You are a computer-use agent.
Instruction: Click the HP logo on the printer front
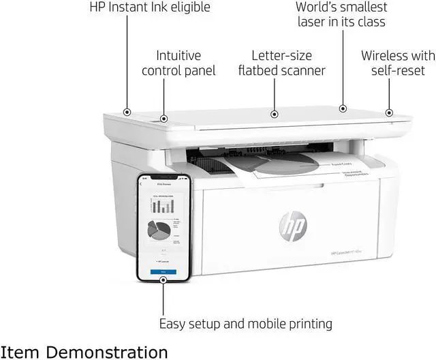coord(293,224)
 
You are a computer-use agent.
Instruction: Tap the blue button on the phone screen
coord(163,271)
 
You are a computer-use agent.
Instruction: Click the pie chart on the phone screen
coord(159,230)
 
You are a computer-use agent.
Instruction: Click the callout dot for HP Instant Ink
coord(127,111)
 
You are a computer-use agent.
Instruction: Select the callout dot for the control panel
coord(163,119)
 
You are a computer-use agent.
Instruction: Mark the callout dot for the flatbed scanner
coord(275,115)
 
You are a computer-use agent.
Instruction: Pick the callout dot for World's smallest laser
coord(343,108)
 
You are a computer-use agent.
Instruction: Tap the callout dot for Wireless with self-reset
coord(389,112)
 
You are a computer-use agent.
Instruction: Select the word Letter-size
coord(282,55)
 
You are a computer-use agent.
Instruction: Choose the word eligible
coord(186,7)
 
